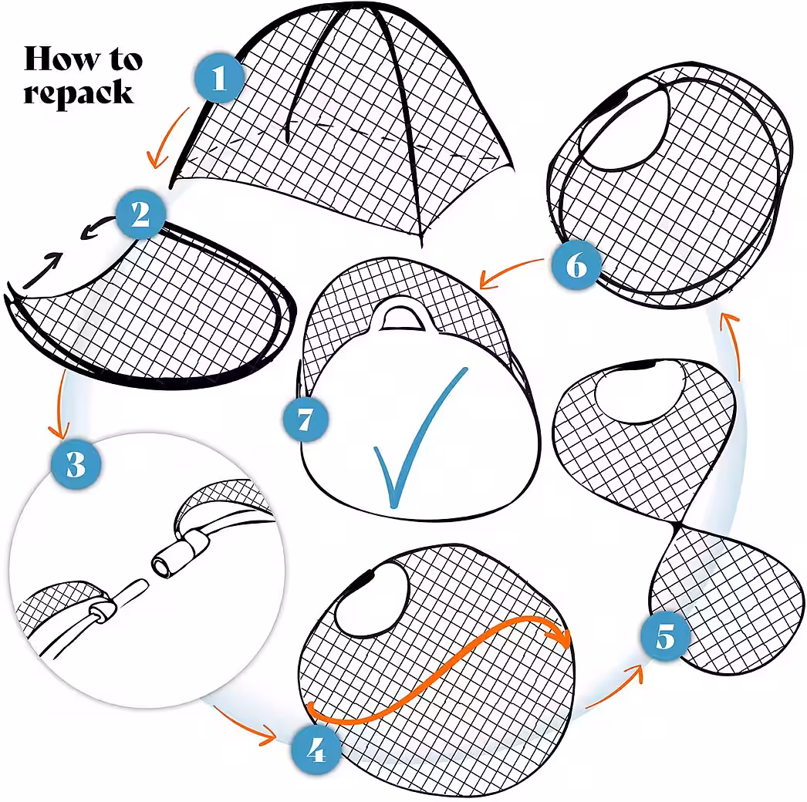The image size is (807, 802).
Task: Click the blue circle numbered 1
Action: click(219, 78)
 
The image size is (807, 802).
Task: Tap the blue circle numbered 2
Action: click(140, 214)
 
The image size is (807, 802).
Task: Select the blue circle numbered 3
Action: click(76, 464)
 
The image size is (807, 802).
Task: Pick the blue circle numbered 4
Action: click(315, 750)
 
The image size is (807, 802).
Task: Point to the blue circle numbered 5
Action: click(665, 636)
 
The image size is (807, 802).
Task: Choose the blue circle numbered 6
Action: click(576, 265)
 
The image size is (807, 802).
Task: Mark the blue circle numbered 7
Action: click(306, 419)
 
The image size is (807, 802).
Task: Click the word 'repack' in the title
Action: click(78, 93)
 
